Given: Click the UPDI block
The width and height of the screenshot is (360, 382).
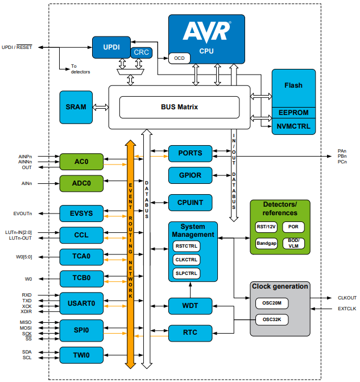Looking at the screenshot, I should click(x=111, y=47).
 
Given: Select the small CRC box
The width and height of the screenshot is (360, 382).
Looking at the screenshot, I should click(x=141, y=52).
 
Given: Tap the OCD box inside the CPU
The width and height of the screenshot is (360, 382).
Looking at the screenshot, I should click(x=179, y=57).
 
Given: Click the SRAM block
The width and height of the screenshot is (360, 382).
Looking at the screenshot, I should click(x=76, y=107).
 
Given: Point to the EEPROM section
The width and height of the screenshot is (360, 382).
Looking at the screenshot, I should click(x=293, y=112).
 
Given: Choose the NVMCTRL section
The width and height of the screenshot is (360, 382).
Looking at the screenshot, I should click(x=293, y=126).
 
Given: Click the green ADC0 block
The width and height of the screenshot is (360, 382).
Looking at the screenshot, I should click(x=82, y=184).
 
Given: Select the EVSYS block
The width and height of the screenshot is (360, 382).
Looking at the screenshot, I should click(x=82, y=213).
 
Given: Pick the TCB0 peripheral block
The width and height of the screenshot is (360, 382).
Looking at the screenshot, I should click(x=82, y=278).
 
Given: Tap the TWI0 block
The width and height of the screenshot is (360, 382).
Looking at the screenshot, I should click(x=82, y=355).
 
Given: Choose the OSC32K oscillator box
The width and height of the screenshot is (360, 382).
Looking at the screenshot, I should click(x=272, y=320).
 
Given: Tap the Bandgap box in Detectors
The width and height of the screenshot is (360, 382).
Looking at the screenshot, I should click(x=267, y=243).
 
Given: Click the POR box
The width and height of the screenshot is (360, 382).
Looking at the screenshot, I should click(x=293, y=227).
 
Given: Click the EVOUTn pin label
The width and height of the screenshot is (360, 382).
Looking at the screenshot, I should click(x=23, y=213).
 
